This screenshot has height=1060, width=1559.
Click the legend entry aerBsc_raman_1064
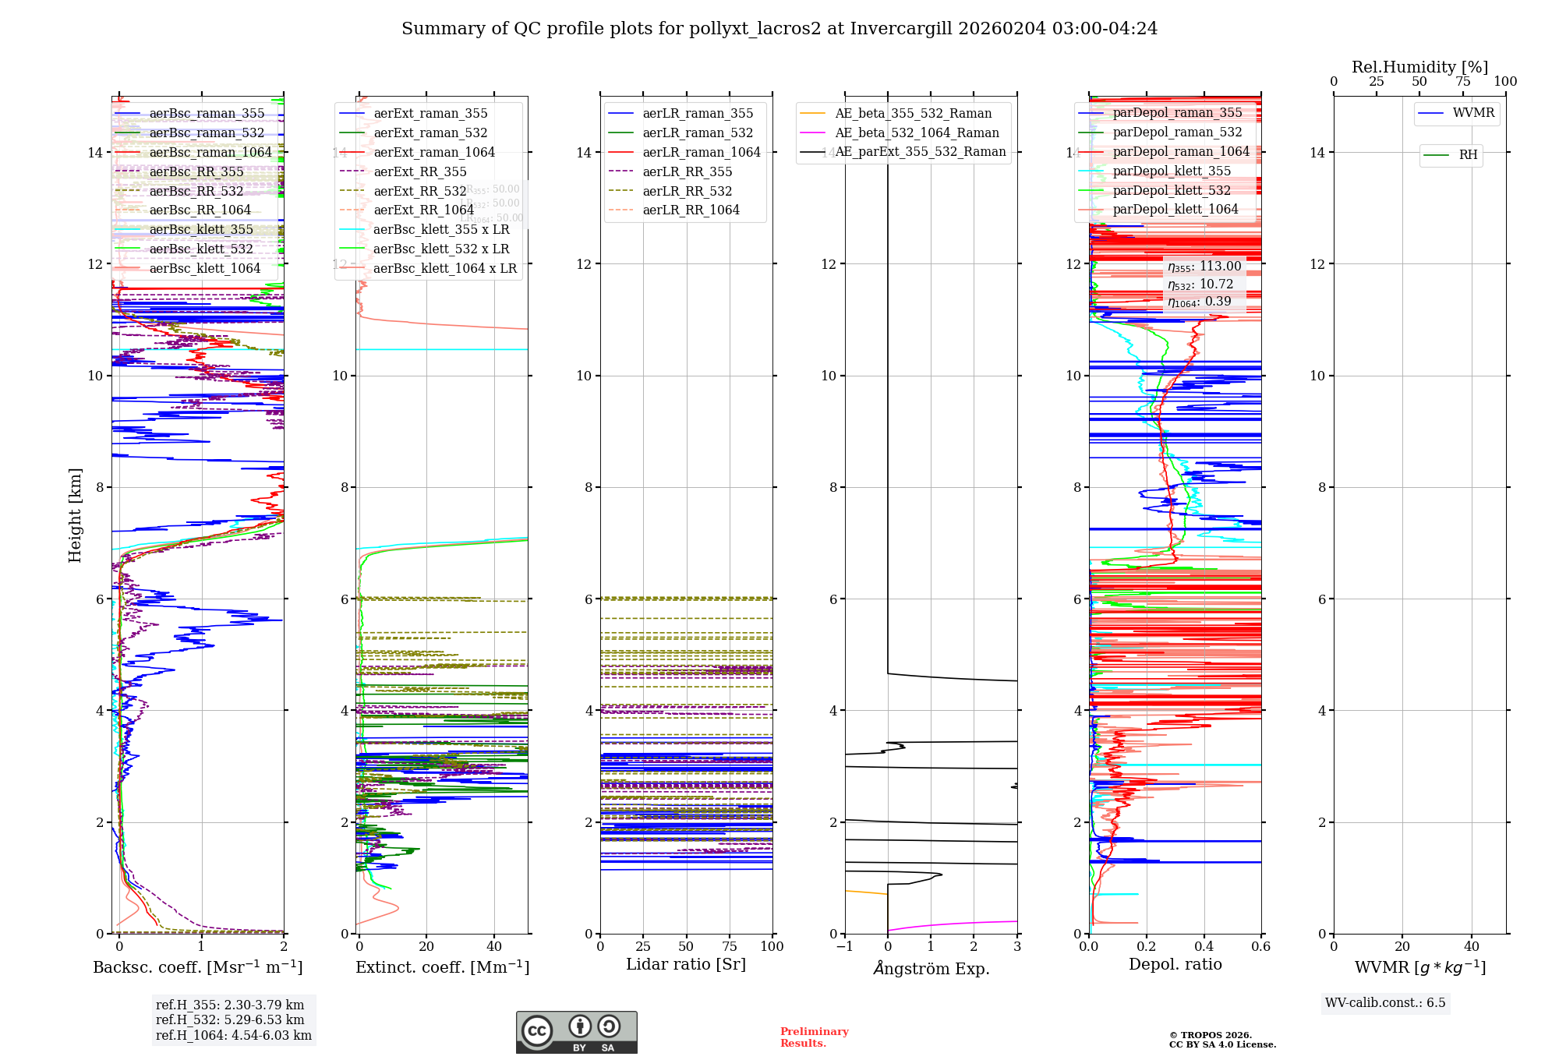coord(210,153)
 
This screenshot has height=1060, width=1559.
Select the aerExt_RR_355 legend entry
coord(420,172)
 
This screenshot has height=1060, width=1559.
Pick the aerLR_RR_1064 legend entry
coord(691,210)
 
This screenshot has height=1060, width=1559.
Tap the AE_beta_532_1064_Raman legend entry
coord(917,133)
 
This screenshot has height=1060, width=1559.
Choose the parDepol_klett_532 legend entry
coord(1172,191)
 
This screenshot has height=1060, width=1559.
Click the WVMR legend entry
coord(1473,113)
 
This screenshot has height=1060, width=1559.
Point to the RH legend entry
coord(1468,155)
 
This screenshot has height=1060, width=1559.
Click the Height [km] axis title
coord(75,515)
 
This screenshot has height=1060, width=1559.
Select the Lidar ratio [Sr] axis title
coord(686,965)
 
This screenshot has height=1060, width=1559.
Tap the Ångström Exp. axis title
coord(932,969)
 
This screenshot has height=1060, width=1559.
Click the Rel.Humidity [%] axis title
coord(1419,67)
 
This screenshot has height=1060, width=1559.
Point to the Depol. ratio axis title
coord(1175,965)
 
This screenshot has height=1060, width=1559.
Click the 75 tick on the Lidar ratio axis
coord(730,947)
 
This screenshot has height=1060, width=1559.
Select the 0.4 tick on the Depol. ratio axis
coord(1204,947)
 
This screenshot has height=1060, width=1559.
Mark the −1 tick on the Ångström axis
coord(845,947)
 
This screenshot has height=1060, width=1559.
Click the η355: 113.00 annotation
coord(1204,267)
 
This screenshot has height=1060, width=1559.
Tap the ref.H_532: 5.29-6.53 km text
coord(230,1020)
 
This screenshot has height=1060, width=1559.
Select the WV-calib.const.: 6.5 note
coord(1385,1003)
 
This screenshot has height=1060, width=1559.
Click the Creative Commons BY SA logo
coord(576,1033)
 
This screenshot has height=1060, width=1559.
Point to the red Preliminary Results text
coord(814,1037)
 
